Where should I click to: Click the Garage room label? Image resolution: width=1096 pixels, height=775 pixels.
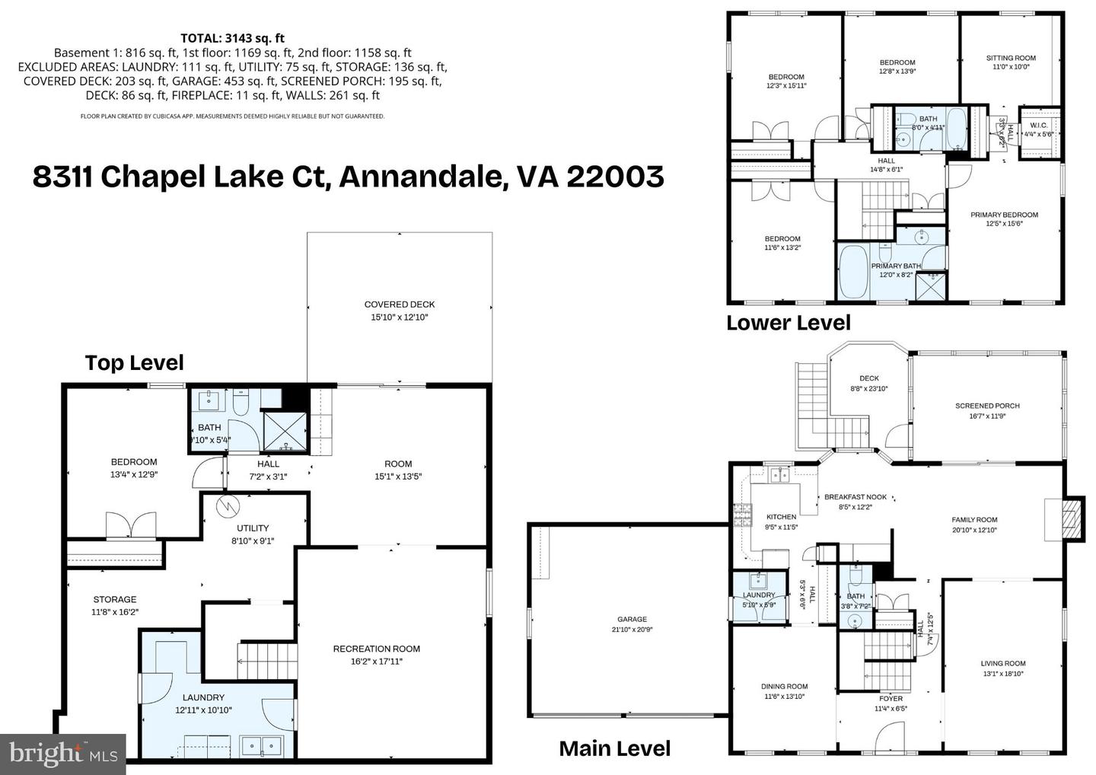coord(632,619)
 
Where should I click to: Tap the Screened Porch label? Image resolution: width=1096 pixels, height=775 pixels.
coord(987,406)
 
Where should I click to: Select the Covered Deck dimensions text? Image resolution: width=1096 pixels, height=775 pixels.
coord(399,317)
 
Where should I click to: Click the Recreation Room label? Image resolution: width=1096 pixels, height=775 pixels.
coord(376,649)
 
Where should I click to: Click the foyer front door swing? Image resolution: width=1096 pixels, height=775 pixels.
coord(888,736)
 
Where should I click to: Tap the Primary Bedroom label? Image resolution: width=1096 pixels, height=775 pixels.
coord(1004,215)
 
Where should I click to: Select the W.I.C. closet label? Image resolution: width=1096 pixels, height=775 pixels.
coord(1038,125)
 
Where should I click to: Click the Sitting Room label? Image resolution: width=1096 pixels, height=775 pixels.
coord(1011,58)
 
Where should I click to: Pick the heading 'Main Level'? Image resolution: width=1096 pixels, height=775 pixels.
coord(614,748)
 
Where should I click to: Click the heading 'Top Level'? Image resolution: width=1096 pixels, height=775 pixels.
coord(134,362)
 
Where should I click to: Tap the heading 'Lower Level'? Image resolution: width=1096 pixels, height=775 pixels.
coord(788,323)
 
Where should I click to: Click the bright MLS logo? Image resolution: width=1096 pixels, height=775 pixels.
coord(62,754)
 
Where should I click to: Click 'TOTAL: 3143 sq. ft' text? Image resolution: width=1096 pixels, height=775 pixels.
coord(232,38)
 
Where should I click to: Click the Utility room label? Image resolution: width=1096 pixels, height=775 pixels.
coord(252,528)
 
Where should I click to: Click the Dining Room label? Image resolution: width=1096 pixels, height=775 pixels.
coord(784,686)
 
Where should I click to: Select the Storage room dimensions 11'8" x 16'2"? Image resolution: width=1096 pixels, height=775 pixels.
coord(115,611)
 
